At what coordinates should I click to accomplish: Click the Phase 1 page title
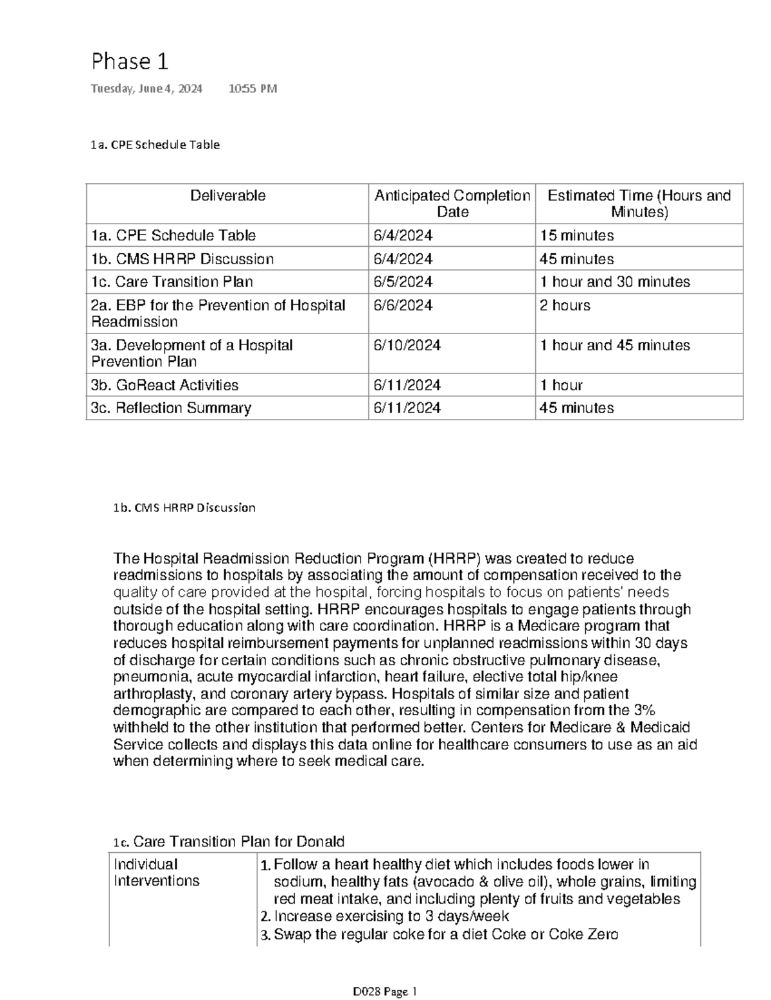[130, 62]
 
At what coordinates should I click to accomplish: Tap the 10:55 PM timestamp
[253, 89]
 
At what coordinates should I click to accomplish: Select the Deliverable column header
[227, 196]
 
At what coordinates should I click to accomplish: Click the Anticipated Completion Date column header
[452, 204]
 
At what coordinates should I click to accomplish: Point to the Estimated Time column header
[639, 204]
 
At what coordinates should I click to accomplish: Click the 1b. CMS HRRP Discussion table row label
[182, 259]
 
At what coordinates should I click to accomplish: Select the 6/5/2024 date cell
[403, 282]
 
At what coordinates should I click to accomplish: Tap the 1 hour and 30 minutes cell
[615, 282]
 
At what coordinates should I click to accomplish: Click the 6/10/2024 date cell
[407, 346]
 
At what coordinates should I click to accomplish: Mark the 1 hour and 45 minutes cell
[615, 346]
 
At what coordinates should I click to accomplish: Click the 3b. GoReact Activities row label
[164, 386]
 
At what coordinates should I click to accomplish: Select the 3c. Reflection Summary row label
[171, 408]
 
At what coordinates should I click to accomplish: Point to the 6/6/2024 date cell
[403, 306]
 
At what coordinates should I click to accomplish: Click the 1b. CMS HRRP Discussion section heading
[184, 508]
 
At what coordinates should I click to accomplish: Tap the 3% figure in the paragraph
[644, 711]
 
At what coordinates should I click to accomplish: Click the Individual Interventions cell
[156, 873]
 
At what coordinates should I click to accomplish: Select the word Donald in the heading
[322, 842]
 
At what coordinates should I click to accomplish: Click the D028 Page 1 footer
[385, 992]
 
